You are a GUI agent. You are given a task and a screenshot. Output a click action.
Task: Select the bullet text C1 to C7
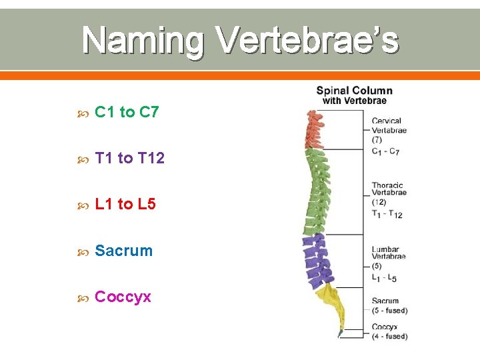127,112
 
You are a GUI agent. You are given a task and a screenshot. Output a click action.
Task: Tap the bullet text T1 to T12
129,158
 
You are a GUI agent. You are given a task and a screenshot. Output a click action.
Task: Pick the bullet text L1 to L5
125,204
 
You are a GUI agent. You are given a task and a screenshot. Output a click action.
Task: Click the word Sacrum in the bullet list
124,251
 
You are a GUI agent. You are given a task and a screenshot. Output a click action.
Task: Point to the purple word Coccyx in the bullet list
123,297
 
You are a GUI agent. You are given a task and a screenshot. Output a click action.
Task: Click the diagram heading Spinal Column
354,91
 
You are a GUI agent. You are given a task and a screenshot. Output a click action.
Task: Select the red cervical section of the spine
313,131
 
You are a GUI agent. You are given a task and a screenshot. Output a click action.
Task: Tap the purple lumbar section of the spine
316,260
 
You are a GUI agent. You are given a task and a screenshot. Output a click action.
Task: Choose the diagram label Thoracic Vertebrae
389,189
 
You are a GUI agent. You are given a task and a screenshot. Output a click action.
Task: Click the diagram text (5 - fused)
389,311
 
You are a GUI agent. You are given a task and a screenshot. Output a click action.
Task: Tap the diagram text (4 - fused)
389,336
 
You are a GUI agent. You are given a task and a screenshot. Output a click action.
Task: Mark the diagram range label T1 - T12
387,213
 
